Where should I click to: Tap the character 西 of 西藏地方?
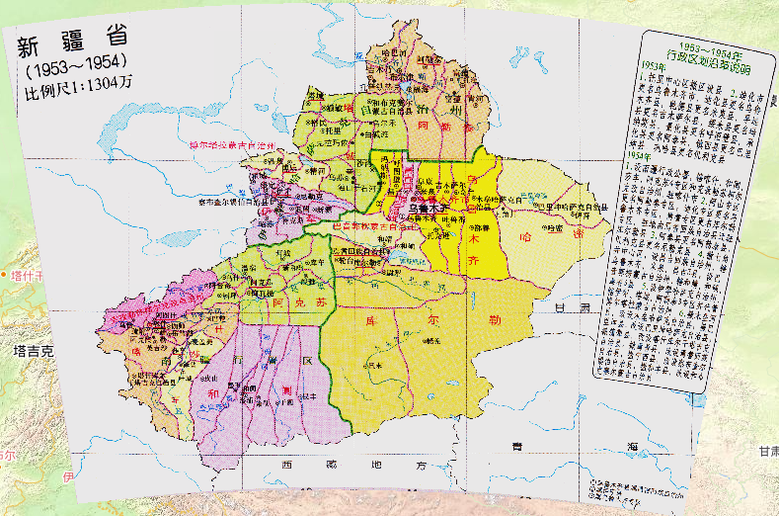(287, 464)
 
